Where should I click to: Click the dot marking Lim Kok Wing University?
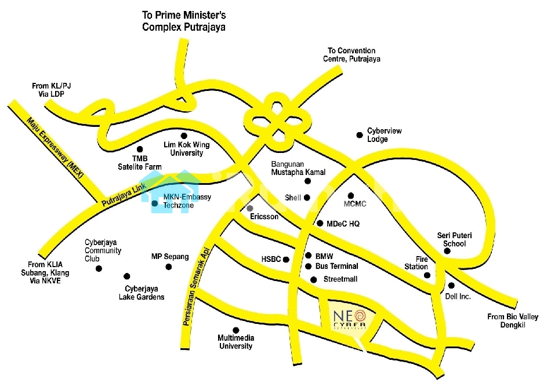tap(184, 136)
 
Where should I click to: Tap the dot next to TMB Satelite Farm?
tap(140, 149)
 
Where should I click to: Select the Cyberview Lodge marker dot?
tap(360, 135)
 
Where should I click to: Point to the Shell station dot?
tap(307, 198)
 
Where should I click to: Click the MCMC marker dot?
tap(350, 195)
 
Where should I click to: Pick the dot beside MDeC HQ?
tap(320, 223)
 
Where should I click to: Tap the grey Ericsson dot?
tap(250, 208)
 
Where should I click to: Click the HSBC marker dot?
tap(286, 260)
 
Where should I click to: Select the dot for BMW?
tap(309, 256)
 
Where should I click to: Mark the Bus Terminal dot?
tap(309, 267)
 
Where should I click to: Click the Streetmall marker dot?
tap(313, 280)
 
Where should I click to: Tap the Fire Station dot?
tap(427, 275)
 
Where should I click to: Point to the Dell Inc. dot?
tap(451, 285)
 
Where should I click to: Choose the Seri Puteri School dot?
tap(447, 251)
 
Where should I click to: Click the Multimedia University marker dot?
tap(235, 330)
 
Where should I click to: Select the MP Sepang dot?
tap(169, 267)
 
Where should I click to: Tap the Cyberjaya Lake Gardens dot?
tap(127, 276)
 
